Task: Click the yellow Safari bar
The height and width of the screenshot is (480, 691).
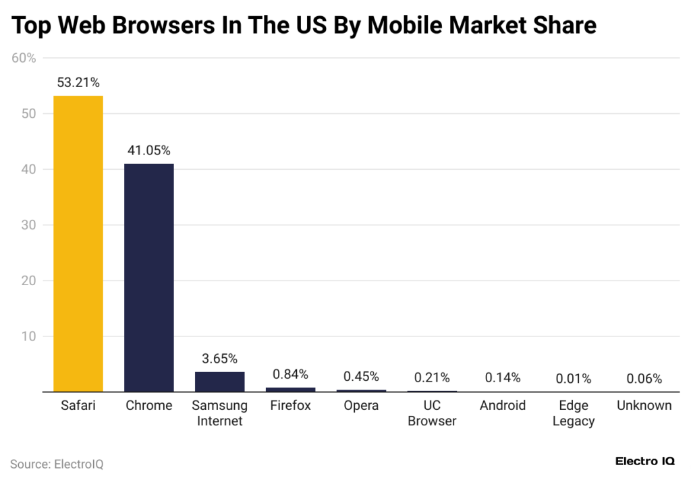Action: point(78,243)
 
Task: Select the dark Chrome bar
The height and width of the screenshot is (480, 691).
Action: point(149,276)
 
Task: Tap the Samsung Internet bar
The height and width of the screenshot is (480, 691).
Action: point(219,381)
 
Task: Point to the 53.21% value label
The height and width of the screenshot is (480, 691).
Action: point(78,83)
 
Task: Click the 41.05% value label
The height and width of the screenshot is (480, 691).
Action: point(149,150)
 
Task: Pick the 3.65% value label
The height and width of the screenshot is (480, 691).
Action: point(219,359)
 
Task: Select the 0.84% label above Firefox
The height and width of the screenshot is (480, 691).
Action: point(290,374)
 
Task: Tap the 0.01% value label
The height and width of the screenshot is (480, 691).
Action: point(573,379)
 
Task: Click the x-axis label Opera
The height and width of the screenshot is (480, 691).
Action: point(361,406)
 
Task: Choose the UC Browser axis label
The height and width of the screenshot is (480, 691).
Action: point(432,413)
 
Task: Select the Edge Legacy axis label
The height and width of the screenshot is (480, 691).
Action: point(573,413)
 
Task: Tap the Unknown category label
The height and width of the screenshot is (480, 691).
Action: point(644,406)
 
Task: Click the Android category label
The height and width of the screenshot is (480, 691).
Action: point(503,406)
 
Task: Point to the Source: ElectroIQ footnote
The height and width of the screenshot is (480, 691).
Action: point(57,464)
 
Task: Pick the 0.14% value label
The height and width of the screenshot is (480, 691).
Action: point(503,378)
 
